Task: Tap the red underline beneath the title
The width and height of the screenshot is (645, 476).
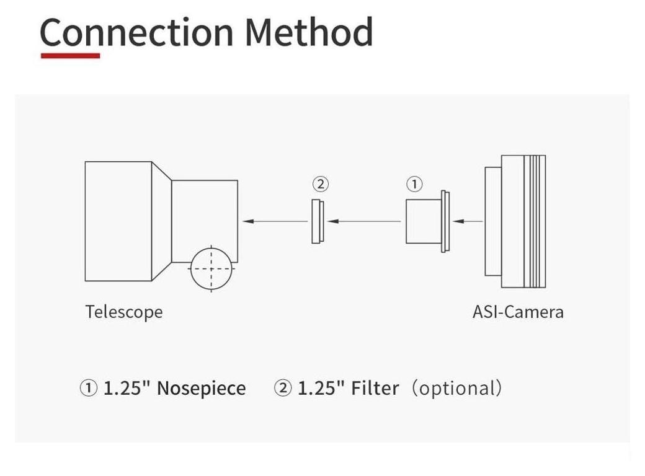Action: pyautogui.click(x=70, y=56)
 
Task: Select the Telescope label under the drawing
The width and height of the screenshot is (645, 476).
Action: pyautogui.click(x=123, y=311)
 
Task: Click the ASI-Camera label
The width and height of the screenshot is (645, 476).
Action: pyautogui.click(x=518, y=311)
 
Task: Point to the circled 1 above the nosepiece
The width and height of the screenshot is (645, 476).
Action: pyautogui.click(x=414, y=184)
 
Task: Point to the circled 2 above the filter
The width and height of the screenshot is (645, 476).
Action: pyautogui.click(x=320, y=184)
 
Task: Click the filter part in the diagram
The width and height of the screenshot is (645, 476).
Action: pyautogui.click(x=317, y=221)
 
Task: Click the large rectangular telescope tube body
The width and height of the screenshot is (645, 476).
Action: pyautogui.click(x=118, y=221)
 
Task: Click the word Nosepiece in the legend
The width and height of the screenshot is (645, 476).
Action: pyautogui.click(x=201, y=389)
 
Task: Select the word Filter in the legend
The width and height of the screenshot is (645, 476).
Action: pyautogui.click(x=375, y=389)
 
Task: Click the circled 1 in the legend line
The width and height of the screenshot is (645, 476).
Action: pyautogui.click(x=89, y=389)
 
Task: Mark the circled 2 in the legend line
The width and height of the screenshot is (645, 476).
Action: pyautogui.click(x=283, y=389)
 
